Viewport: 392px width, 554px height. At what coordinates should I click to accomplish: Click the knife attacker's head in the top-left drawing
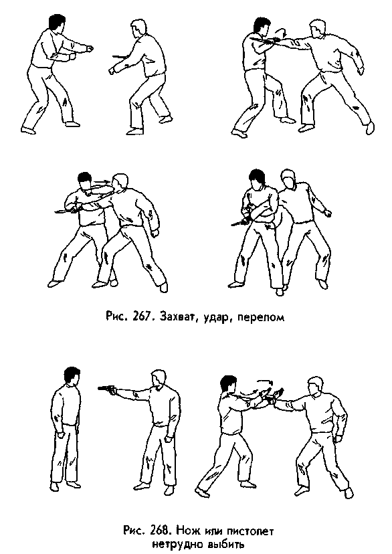(x=140, y=30)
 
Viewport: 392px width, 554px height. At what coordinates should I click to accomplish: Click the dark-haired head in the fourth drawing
(x=258, y=178)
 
